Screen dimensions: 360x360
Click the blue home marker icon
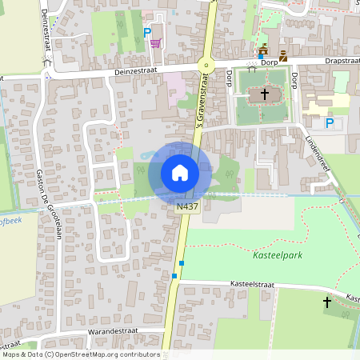[180, 173]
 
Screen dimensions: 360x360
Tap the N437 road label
[187, 206]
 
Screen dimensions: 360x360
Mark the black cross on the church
[264, 94]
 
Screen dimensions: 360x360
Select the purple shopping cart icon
[155, 42]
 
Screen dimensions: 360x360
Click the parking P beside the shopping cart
[146, 32]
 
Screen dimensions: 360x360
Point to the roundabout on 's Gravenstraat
[207, 66]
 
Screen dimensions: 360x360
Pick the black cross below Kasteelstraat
[326, 302]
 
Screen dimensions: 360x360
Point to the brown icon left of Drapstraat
[282, 55]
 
